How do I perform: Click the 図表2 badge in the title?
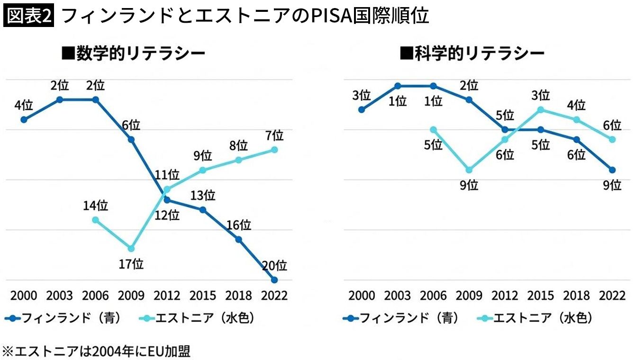coord(29,16)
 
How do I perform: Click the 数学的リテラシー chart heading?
coord(134,53)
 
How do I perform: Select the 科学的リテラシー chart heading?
coord(472,53)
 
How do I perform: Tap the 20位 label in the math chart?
coord(274,265)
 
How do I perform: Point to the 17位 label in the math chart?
coord(131,264)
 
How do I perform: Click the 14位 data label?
coord(96,206)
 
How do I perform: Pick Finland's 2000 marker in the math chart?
coord(24,119)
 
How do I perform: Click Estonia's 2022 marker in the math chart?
coord(274,150)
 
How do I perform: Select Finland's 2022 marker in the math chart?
coord(274,279)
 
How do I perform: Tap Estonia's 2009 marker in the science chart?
coord(469,170)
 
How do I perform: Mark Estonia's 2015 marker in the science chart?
coord(541,110)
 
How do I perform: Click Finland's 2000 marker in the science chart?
coord(362,110)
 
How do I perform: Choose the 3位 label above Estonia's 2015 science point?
coord(541,95)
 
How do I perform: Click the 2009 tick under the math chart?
coord(131,295)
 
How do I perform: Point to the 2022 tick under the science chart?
coord(612,295)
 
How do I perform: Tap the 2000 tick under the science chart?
coord(362,295)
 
